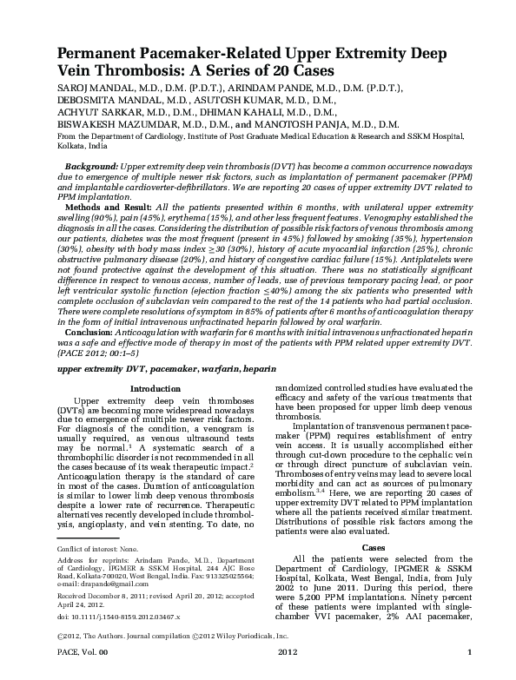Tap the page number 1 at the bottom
click(469, 673)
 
